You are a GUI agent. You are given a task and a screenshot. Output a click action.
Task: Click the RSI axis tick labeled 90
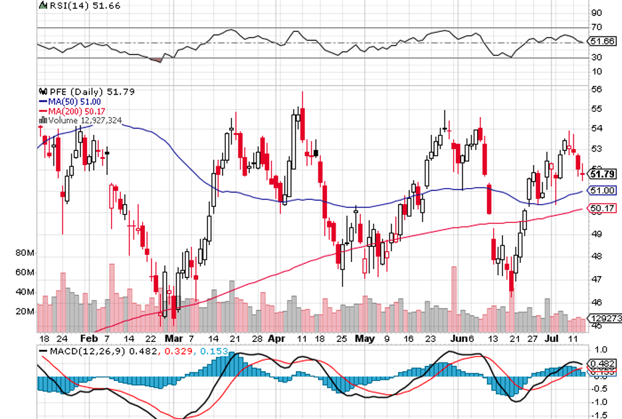click(596, 13)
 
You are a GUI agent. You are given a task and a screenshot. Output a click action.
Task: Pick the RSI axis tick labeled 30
click(596, 57)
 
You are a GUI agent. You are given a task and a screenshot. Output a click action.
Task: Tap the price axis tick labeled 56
click(596, 88)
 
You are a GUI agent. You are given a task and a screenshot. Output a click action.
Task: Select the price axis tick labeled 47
click(596, 279)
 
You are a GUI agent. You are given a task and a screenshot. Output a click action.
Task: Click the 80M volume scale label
click(25, 253)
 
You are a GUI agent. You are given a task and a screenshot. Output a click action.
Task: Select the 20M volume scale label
click(25, 311)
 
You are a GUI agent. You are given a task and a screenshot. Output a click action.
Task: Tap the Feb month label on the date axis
click(88, 338)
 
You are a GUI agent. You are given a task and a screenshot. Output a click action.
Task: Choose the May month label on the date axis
click(365, 338)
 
